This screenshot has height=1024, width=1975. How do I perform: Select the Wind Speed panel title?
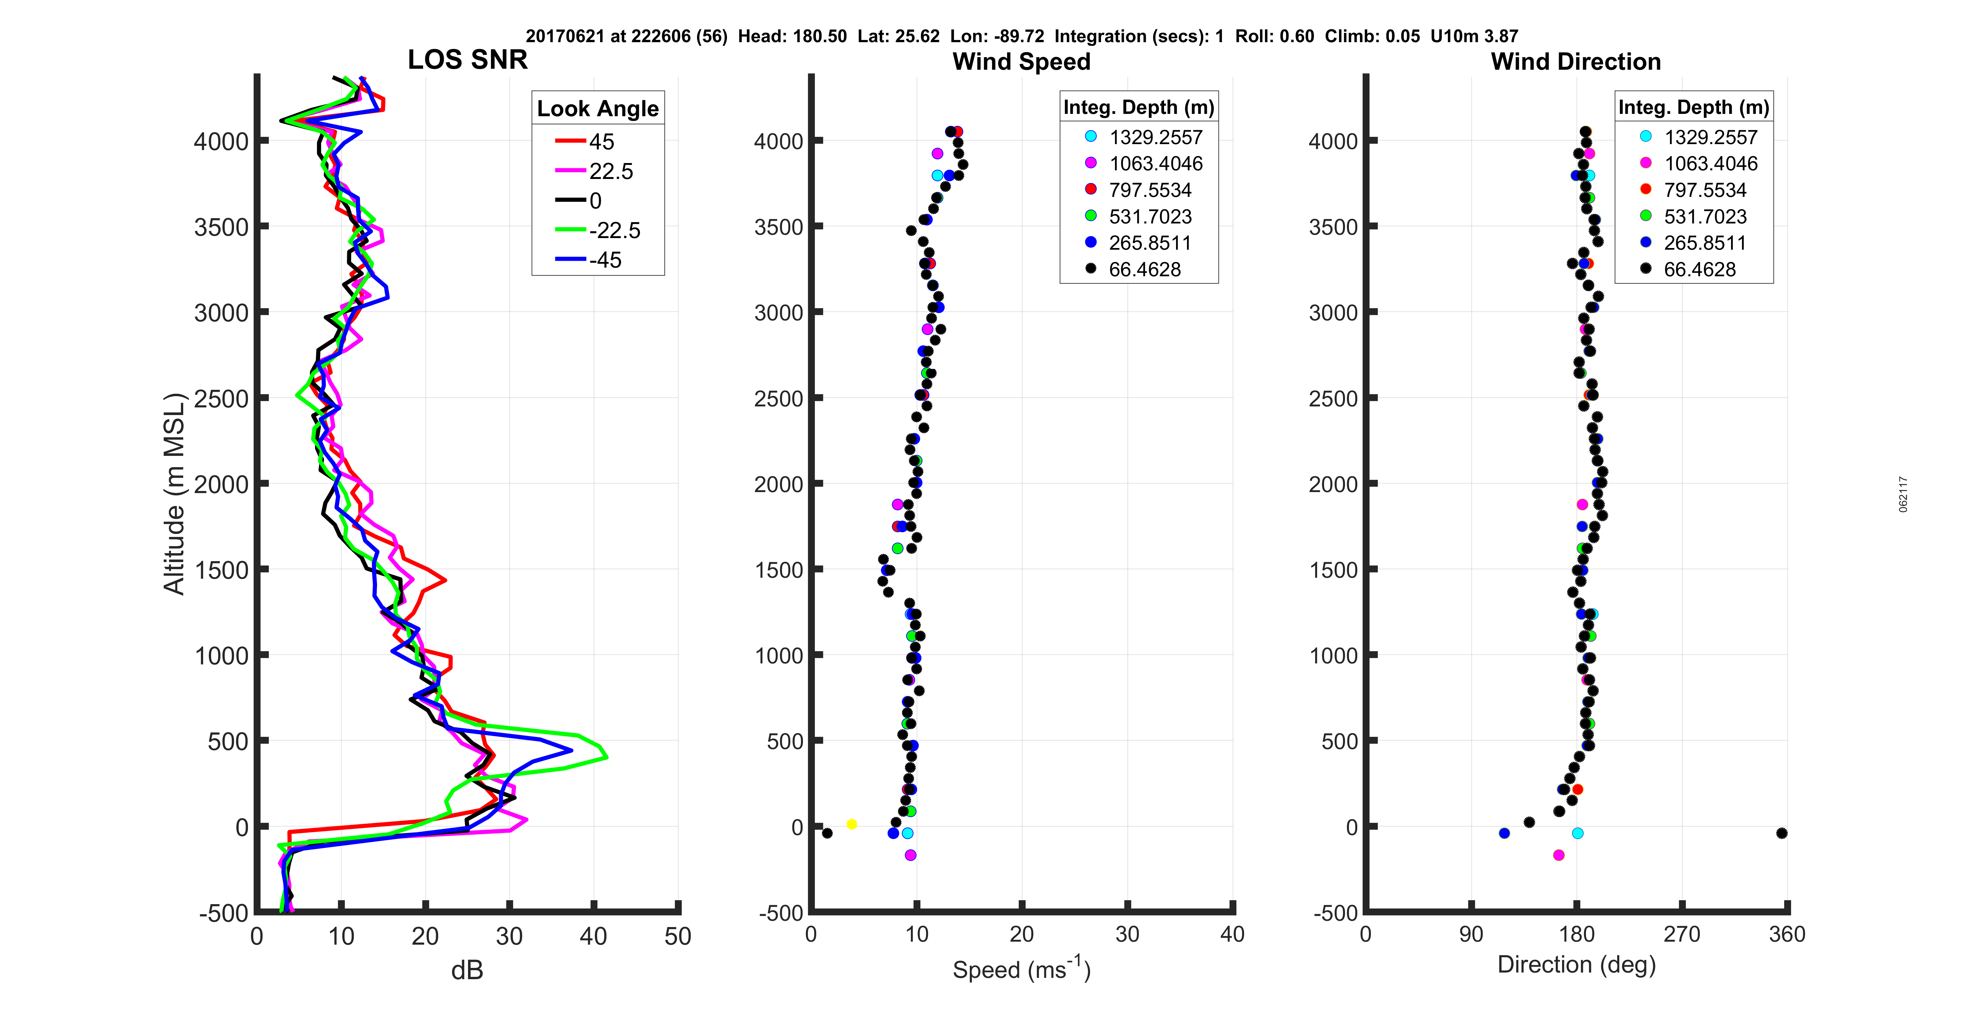point(1021,61)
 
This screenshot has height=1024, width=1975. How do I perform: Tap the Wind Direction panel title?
point(1576,61)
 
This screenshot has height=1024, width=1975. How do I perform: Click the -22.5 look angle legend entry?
point(613,230)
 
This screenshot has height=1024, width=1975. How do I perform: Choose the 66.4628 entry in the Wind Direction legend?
point(1699,269)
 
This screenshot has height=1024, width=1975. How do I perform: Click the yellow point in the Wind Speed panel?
point(851,824)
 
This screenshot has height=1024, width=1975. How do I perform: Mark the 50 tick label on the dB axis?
point(678,937)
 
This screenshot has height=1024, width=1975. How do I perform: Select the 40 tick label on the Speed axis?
point(1232,934)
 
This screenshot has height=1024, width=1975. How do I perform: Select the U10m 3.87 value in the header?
point(1473,36)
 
